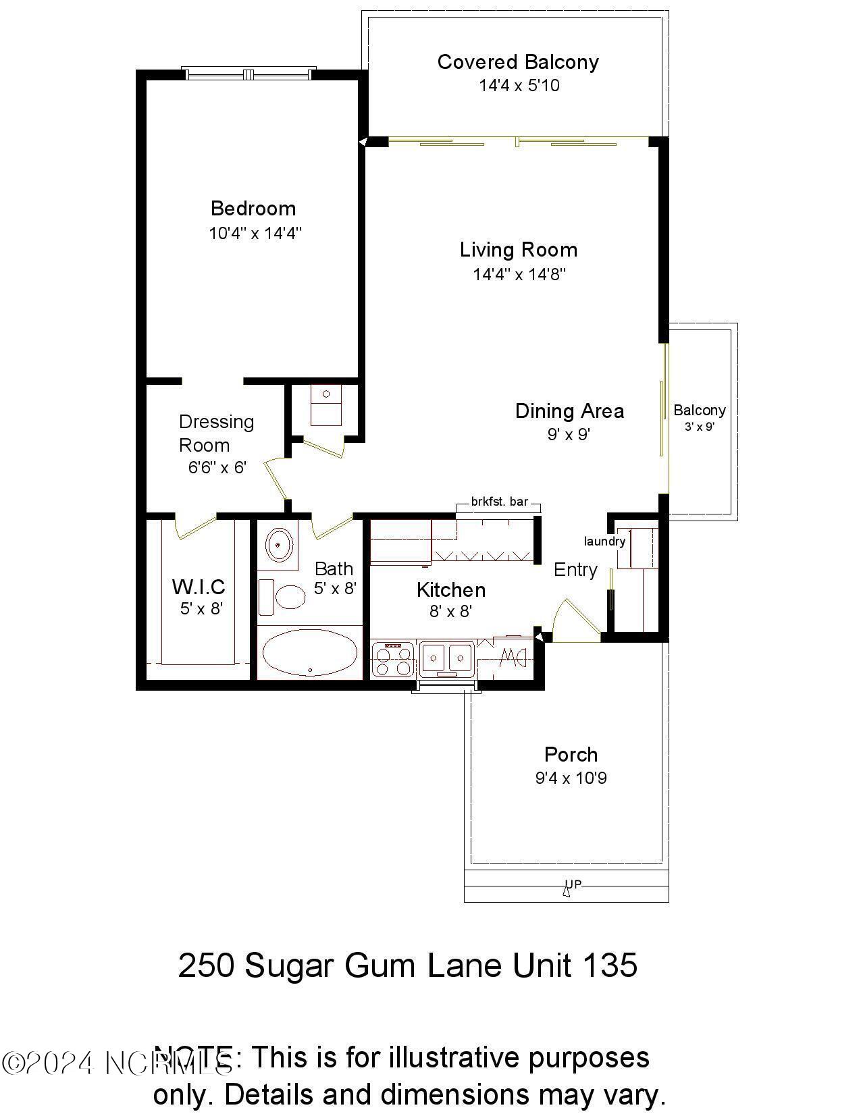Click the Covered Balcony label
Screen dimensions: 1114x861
coord(518,61)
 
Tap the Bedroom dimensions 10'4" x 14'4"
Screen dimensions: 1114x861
coord(255,234)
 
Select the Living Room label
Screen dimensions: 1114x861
coord(519,250)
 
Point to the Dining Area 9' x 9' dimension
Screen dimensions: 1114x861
coord(569,434)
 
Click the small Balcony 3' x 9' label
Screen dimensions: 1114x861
coord(699,410)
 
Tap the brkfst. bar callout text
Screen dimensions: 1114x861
coord(499,502)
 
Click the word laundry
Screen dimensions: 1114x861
coord(604,541)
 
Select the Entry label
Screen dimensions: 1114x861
coord(575,570)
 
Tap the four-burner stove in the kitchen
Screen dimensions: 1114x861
coord(392,660)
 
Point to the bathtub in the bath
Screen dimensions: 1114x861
coord(309,653)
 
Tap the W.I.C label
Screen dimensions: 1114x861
coord(199,586)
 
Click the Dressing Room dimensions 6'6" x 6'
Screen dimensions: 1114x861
coord(217,467)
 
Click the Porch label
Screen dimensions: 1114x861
coord(571,754)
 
